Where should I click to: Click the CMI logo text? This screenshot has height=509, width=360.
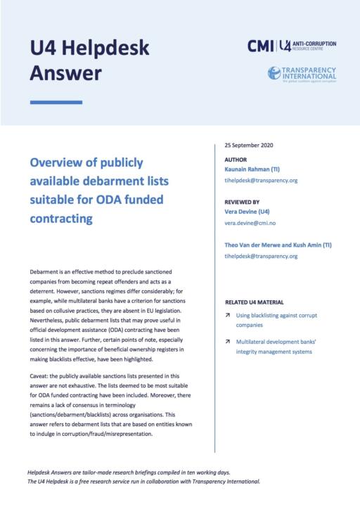pyautogui.click(x=261, y=46)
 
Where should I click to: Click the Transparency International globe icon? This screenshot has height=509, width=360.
pyautogui.click(x=274, y=72)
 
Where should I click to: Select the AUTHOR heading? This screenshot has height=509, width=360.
pyautogui.click(x=236, y=159)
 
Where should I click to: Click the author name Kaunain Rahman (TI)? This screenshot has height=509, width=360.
pyautogui.click(x=256, y=169)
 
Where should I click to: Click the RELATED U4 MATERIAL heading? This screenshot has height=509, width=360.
pyautogui.click(x=258, y=303)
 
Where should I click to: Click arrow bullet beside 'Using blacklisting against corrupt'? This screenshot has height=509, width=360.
pyautogui.click(x=228, y=316)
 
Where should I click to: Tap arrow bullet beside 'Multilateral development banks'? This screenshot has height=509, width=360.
pyautogui.click(x=228, y=341)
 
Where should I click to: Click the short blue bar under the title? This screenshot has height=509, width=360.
pyautogui.click(x=56, y=103)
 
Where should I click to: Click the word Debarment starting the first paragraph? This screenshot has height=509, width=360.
pyautogui.click(x=46, y=271)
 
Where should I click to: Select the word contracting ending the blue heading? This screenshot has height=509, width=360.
pyautogui.click(x=61, y=218)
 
